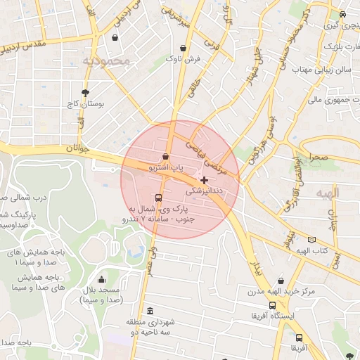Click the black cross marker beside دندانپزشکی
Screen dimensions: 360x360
[204, 181]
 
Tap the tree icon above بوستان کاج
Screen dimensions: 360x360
[86, 92]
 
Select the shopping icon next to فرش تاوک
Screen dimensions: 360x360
[184, 49]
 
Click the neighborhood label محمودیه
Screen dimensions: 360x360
[106, 62]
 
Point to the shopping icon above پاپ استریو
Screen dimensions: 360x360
[165, 156]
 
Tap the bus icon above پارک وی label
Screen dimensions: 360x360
[158, 198]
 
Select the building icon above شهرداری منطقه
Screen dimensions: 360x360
[149, 311]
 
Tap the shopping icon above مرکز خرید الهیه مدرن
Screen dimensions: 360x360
[281, 281]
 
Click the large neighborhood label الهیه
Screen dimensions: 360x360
[328, 193]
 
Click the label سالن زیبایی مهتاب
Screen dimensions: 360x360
[321, 70]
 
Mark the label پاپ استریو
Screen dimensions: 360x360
[165, 169]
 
